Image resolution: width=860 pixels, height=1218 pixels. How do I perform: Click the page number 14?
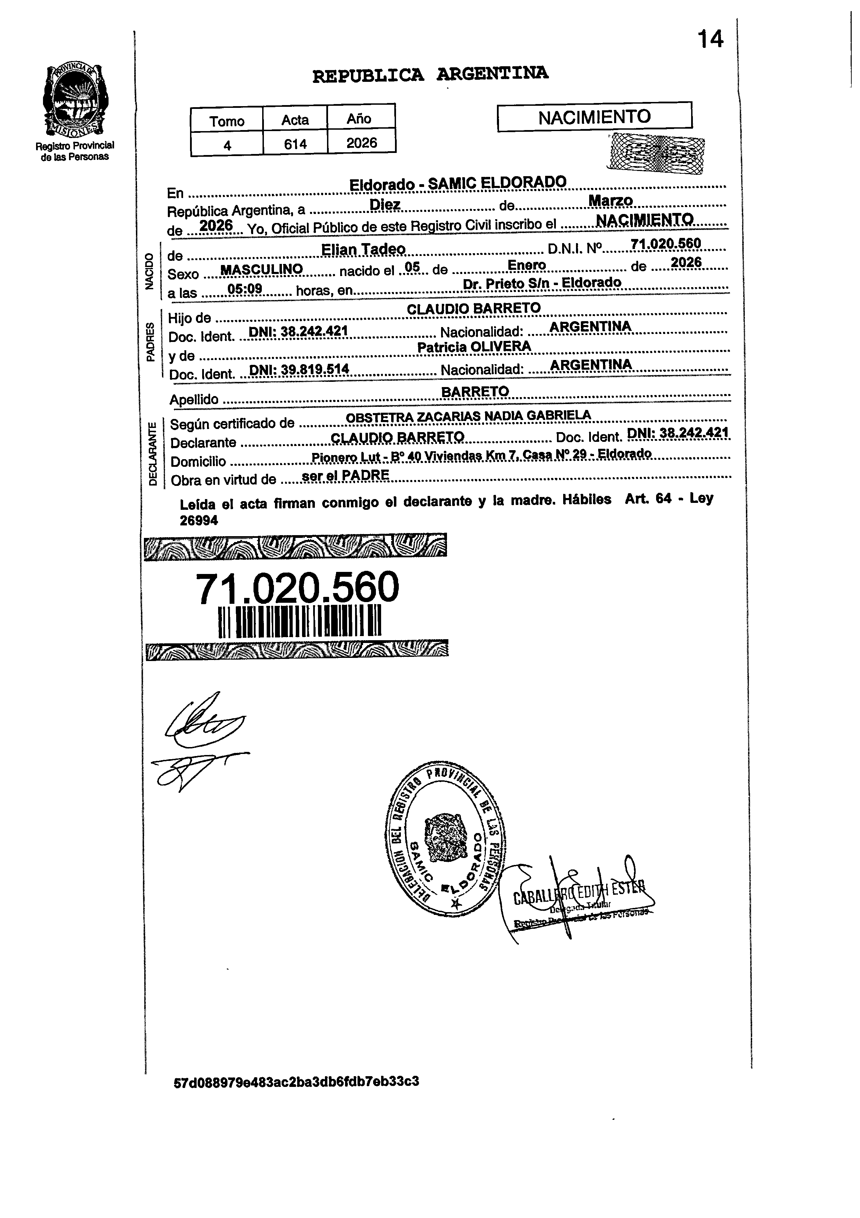pyautogui.click(x=710, y=39)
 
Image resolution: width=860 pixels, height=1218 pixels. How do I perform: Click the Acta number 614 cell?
pyautogui.click(x=295, y=143)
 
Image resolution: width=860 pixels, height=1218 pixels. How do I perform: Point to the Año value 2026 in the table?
pyautogui.click(x=361, y=143)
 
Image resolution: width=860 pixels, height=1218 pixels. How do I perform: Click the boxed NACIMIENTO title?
pyautogui.click(x=594, y=117)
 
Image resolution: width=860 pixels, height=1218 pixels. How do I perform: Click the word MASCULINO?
pyautogui.click(x=261, y=269)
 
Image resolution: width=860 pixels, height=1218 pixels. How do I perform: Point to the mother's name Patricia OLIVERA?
pyautogui.click(x=474, y=347)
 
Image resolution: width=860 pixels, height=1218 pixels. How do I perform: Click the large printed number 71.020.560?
pyautogui.click(x=297, y=588)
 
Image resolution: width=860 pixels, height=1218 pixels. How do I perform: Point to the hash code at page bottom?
pyautogui.click(x=296, y=1081)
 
